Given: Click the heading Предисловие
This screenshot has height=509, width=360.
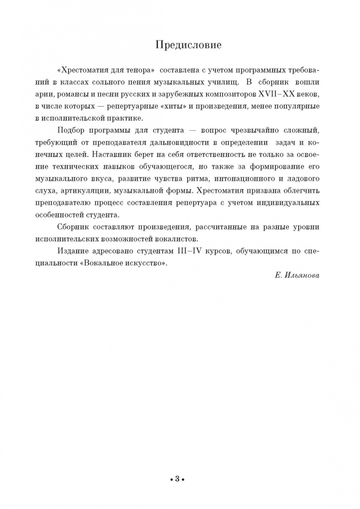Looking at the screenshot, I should (x=188, y=45).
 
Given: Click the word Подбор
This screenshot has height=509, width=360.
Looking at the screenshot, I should (x=70, y=130).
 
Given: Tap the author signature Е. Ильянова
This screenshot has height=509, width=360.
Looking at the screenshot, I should (x=296, y=275).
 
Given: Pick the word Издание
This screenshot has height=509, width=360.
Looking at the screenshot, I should (x=72, y=251).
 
